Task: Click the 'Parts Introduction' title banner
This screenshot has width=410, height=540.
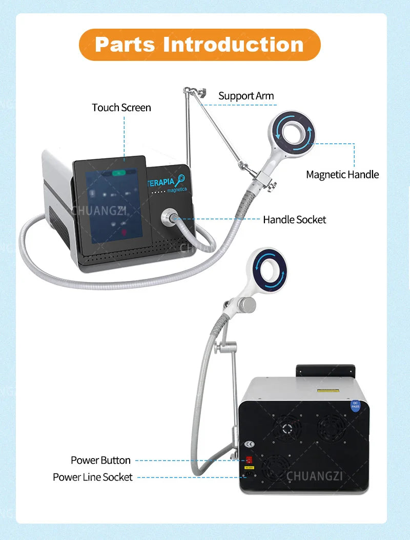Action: tap(199, 45)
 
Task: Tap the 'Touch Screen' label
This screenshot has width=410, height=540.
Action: tap(121, 107)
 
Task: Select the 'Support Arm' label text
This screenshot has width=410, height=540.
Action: tap(246, 96)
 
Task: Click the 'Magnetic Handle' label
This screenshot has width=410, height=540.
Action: tap(342, 175)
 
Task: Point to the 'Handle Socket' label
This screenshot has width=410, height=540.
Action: tap(294, 220)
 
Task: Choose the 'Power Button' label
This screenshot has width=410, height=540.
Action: tap(100, 460)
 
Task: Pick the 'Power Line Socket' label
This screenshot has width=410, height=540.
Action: tap(92, 477)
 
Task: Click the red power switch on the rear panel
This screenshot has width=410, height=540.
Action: tap(250, 460)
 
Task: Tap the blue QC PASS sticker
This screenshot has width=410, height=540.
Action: tap(356, 407)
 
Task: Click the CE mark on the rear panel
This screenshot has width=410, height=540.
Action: tap(248, 444)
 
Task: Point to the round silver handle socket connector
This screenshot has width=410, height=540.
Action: tap(169, 218)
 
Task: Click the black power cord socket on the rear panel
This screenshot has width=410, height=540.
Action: tap(250, 475)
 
